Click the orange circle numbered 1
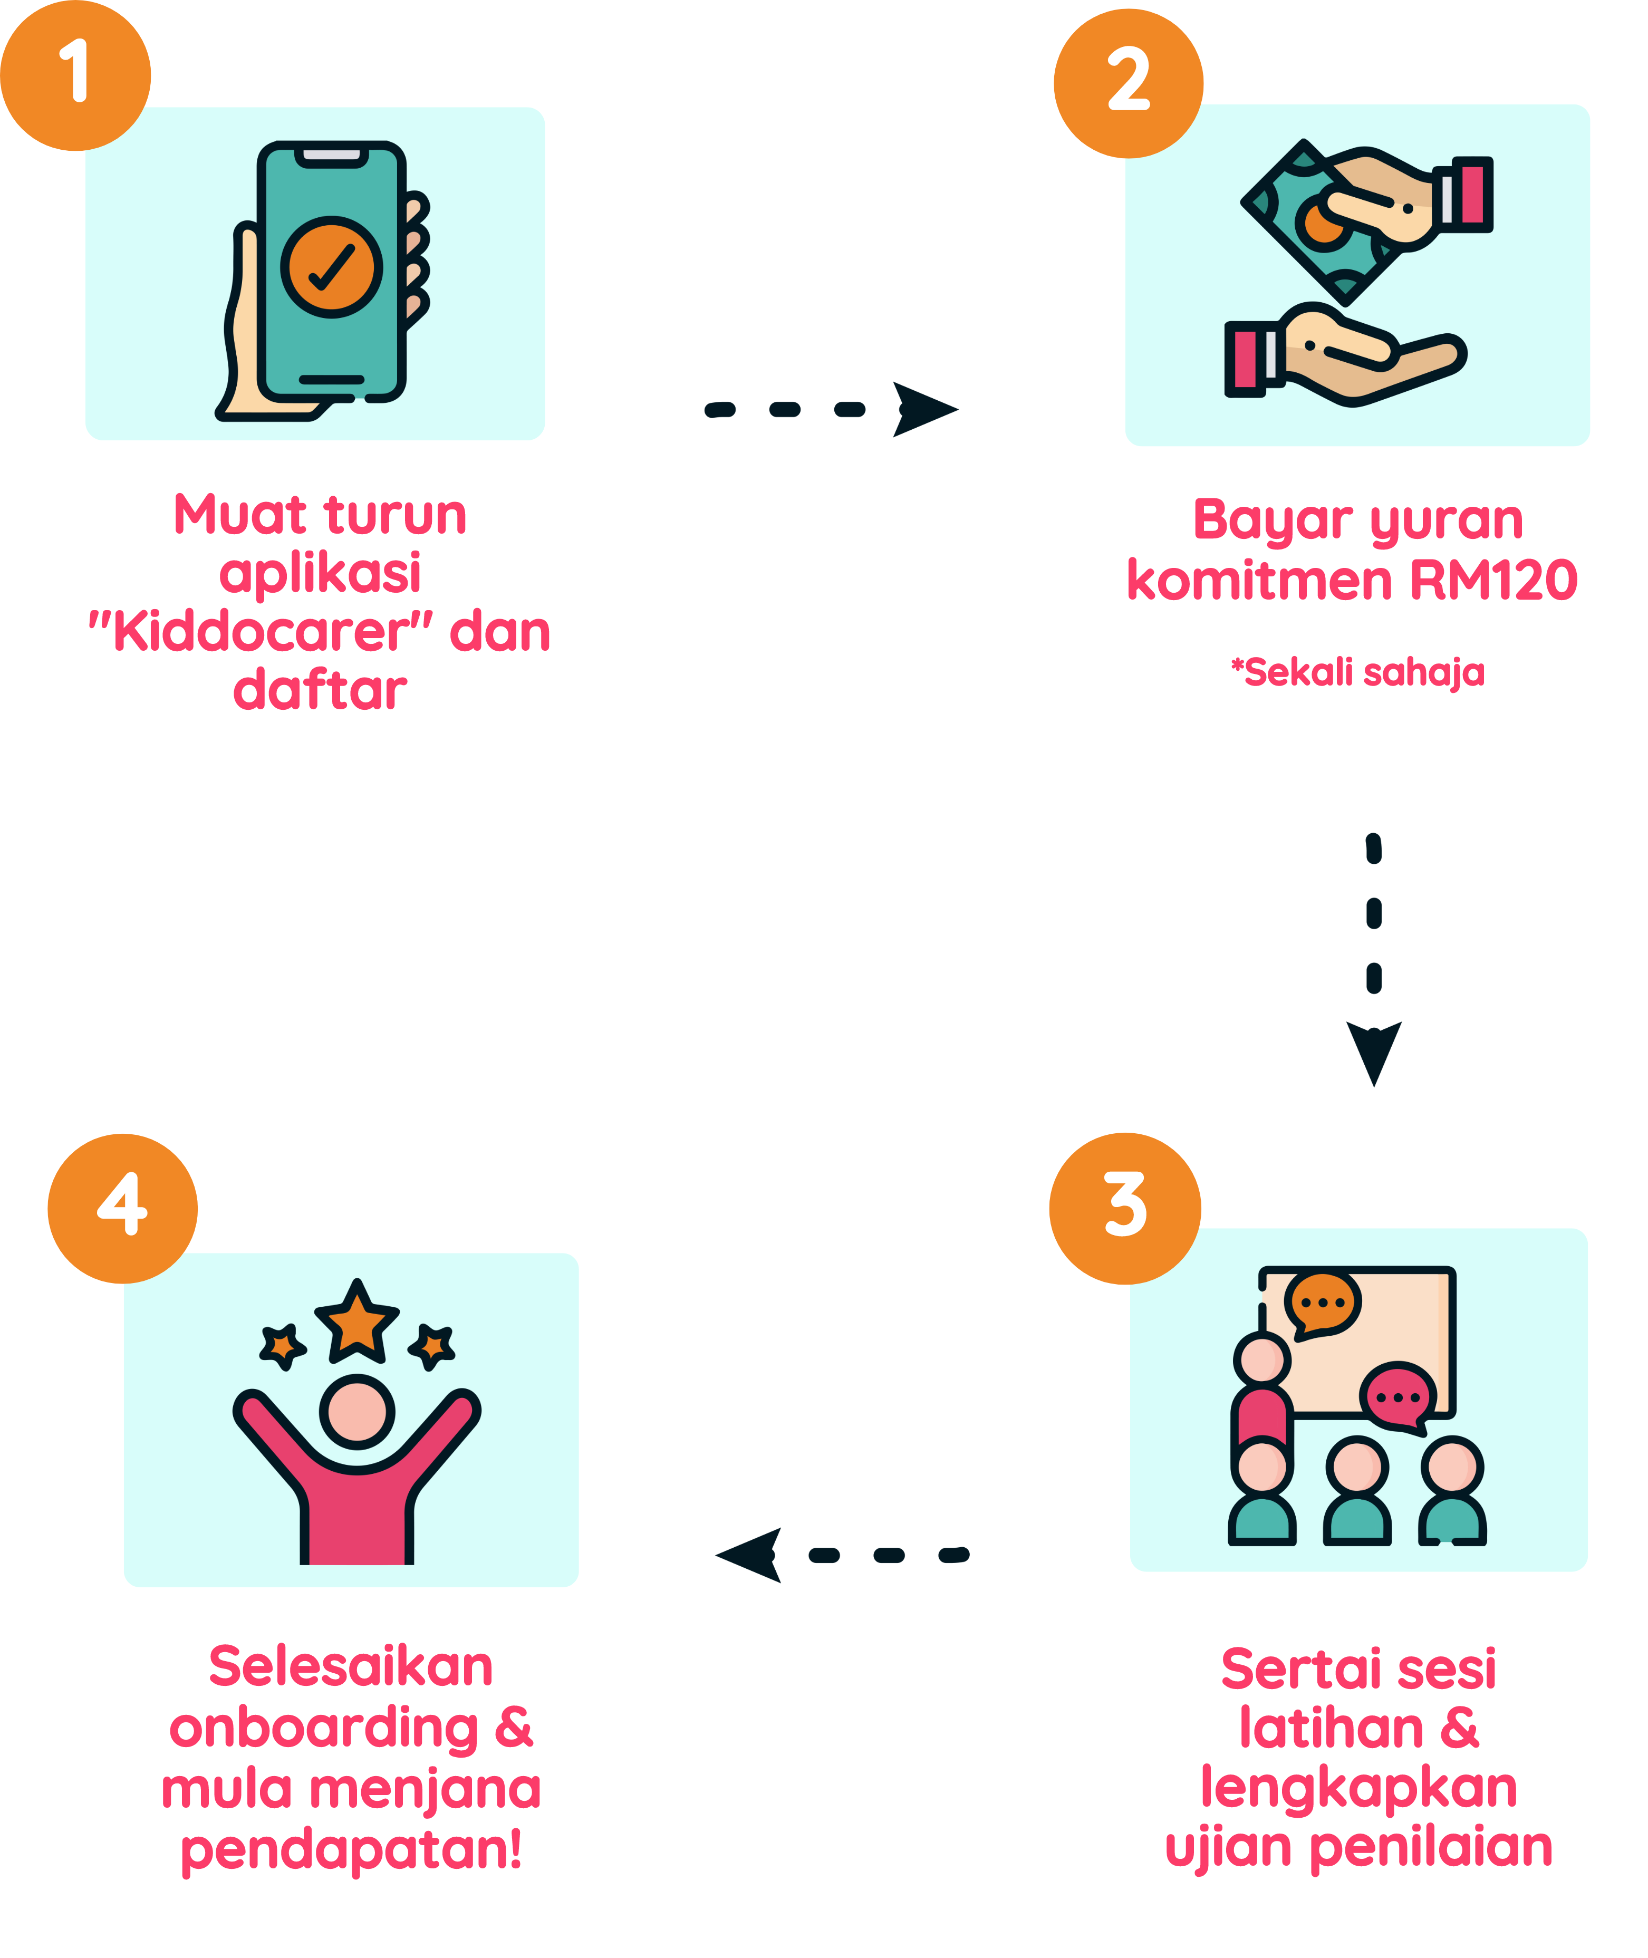click(x=75, y=75)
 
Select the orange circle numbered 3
click(x=1125, y=1208)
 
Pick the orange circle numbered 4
click(x=122, y=1208)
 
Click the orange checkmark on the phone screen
click(x=332, y=267)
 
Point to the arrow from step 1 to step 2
click(x=832, y=409)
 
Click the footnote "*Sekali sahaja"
click(x=1357, y=672)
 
